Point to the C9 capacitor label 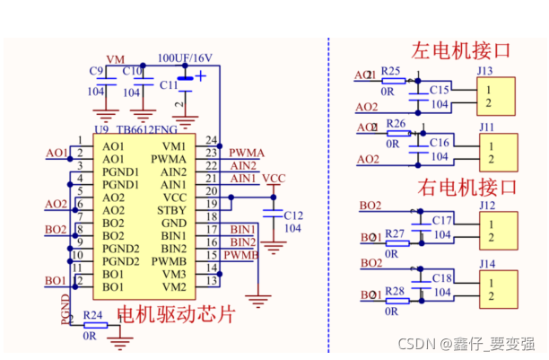[96, 70]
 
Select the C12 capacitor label [293, 215]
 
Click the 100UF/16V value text [185, 58]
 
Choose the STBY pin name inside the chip [171, 210]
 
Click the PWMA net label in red [247, 154]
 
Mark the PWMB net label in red [241, 255]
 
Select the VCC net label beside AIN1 [274, 179]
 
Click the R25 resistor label [390, 70]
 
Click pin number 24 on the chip [212, 140]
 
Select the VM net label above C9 [115, 59]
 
